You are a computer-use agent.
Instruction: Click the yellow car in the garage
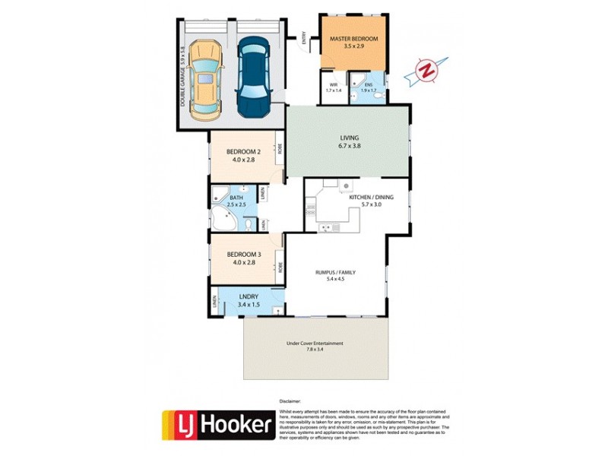pos(207,80)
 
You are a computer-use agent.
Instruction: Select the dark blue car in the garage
pos(255,78)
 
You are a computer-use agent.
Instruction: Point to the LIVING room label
pos(349,138)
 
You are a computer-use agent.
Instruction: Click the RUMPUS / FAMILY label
pos(335,271)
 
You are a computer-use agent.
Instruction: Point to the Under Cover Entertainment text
pos(315,343)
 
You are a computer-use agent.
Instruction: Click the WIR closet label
pos(333,84)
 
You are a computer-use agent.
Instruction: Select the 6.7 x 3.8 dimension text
pos(349,146)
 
